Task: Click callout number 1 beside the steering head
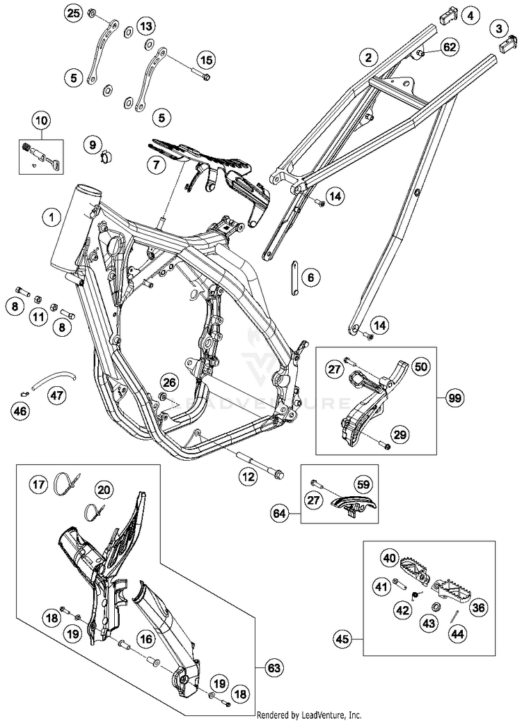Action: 50,217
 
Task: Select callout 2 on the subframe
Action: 369,57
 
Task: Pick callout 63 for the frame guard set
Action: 276,669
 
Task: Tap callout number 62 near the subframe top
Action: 450,47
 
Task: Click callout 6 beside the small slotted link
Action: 310,278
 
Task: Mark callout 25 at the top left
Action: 74,13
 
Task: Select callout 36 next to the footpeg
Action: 478,607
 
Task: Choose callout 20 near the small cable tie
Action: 103,490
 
